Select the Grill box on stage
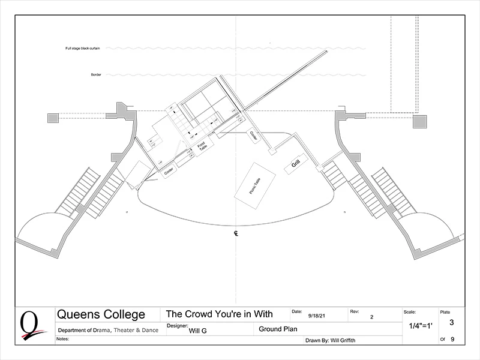click(x=296, y=163)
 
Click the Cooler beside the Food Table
click(x=169, y=171)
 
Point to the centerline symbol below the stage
click(x=236, y=233)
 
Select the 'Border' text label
click(x=95, y=75)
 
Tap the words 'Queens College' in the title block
click(x=100, y=314)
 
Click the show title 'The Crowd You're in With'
click(x=219, y=314)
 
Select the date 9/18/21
click(x=317, y=316)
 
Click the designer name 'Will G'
click(x=194, y=329)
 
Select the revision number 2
click(x=372, y=316)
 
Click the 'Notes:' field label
click(x=62, y=338)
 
